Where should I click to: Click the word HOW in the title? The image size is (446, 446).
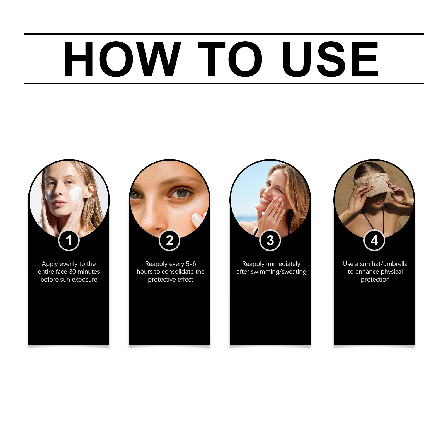122,59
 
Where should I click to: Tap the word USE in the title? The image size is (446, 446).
330,59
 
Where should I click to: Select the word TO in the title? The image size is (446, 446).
230,59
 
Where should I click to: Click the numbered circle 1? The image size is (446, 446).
69,241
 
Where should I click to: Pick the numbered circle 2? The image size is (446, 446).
169,241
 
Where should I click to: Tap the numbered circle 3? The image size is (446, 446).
270,241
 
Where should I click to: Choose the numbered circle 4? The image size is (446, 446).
374,241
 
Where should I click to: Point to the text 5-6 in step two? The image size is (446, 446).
191,264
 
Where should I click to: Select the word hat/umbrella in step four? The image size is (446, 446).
389,264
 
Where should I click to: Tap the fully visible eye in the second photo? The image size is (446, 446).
180,193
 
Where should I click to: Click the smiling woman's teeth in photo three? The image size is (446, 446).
265,200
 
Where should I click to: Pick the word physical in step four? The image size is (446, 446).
392,272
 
